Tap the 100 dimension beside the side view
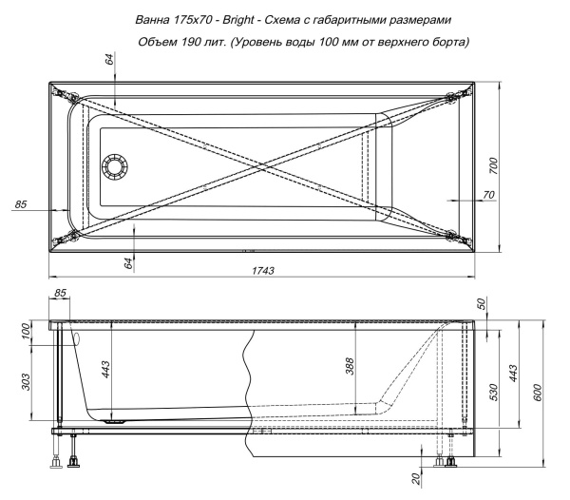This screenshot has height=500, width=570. pos(27,330)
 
